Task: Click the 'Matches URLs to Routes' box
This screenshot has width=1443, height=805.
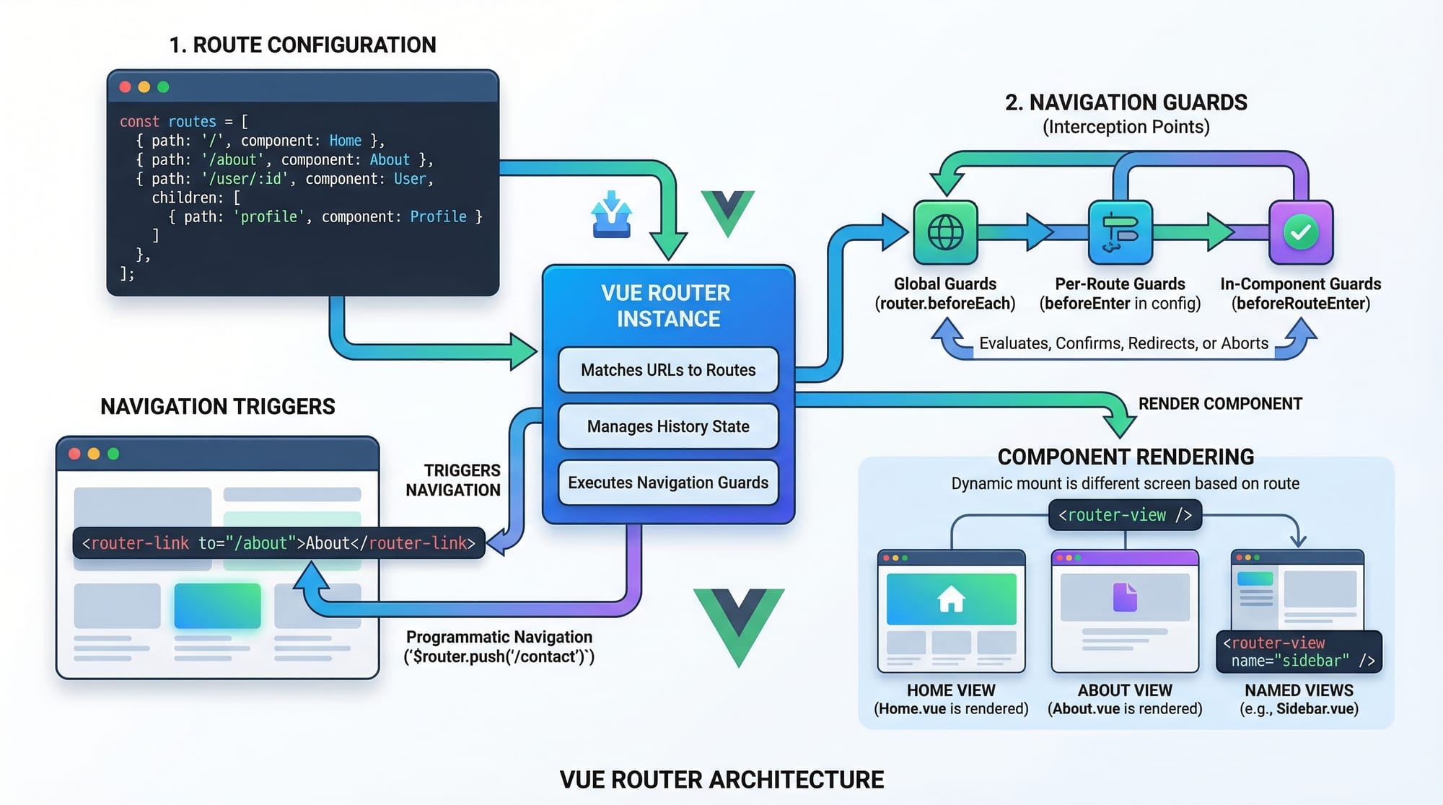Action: click(668, 370)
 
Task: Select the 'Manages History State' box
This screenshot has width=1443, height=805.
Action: click(668, 426)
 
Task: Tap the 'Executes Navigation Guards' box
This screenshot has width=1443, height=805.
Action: click(668, 483)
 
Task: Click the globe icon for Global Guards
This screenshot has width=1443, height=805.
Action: click(945, 232)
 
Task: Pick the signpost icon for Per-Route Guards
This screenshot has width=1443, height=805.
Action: click(1120, 232)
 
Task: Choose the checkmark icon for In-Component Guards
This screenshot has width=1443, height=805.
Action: click(1301, 232)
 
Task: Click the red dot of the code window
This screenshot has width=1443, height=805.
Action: click(125, 87)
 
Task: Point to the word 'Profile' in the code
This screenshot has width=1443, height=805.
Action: click(438, 216)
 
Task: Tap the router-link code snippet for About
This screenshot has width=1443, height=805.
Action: click(278, 543)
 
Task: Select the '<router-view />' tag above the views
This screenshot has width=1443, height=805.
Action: click(1125, 515)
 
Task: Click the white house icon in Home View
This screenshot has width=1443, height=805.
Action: click(951, 599)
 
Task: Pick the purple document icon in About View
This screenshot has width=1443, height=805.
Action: click(1125, 597)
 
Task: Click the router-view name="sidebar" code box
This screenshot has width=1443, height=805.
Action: click(1299, 652)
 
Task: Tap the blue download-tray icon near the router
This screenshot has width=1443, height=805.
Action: click(612, 215)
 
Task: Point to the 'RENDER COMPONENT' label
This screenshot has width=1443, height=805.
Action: click(1220, 404)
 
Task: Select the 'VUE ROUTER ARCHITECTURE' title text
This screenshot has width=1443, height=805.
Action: click(721, 780)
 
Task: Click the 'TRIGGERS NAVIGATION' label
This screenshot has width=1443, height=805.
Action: click(453, 480)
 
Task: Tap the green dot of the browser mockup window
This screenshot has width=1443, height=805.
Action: click(113, 454)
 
